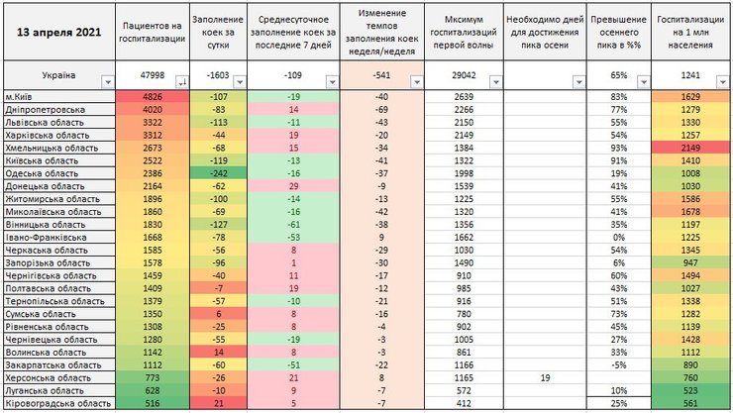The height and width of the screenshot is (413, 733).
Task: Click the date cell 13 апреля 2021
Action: (58, 31)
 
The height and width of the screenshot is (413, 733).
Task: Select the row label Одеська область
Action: (40, 173)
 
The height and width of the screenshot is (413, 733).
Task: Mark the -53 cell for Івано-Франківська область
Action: (294, 238)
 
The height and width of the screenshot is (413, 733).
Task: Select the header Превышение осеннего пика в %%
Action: (617, 31)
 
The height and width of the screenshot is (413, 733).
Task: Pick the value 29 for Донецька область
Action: (294, 186)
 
